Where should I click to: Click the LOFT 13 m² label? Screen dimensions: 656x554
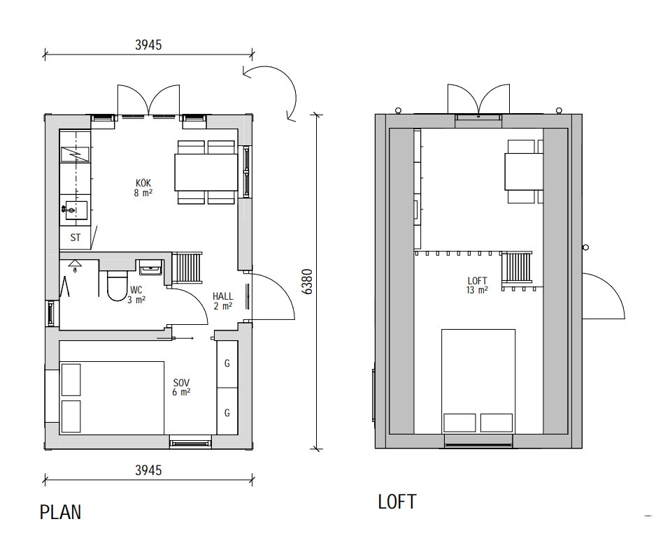point(478,285)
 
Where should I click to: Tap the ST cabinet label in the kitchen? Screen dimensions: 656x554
point(76,238)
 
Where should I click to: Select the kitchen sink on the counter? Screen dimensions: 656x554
point(75,210)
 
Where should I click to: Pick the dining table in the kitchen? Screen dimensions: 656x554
point(206,172)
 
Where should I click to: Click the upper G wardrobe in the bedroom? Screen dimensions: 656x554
point(227,364)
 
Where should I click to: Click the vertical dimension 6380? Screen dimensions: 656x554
point(307,282)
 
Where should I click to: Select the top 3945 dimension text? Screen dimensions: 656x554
point(148,45)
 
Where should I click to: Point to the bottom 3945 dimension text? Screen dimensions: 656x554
point(148,470)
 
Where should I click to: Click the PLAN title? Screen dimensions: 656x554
point(60,512)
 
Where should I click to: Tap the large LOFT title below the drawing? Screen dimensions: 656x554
point(397,502)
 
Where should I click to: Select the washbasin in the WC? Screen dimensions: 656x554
point(150,268)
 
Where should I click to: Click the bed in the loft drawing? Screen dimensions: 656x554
point(478,381)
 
